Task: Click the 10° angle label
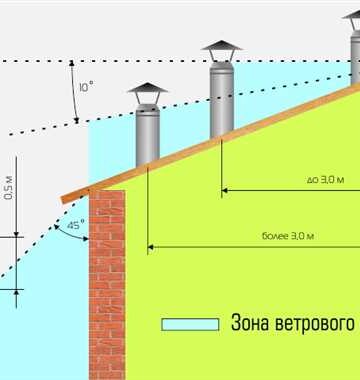click(86, 87)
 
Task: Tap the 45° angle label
click(74, 225)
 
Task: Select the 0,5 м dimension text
click(9, 188)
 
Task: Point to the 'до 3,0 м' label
click(325, 180)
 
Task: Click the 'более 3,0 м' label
click(288, 236)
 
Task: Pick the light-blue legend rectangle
click(190, 324)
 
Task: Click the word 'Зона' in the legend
click(245, 323)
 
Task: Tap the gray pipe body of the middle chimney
click(222, 100)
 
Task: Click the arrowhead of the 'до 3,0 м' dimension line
click(224, 190)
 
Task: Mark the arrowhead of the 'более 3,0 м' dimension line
click(150, 247)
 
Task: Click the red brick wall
click(107, 284)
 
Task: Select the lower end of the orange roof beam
click(62, 200)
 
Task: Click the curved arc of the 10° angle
click(74, 91)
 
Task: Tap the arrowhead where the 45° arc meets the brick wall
click(86, 239)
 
